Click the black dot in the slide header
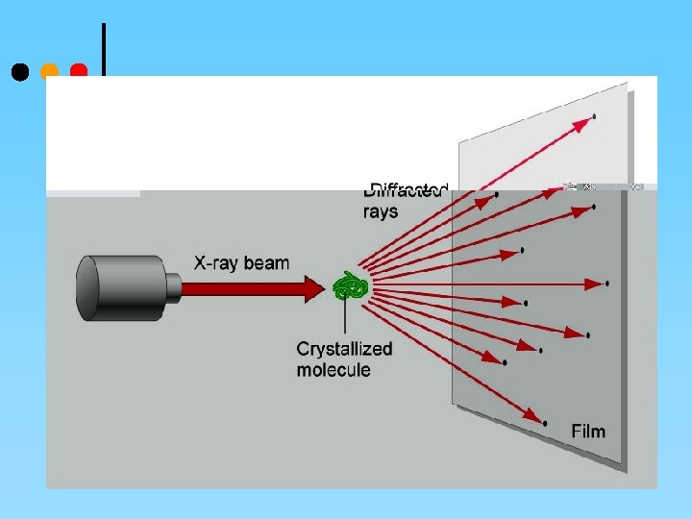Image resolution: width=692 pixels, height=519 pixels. click(x=19, y=72)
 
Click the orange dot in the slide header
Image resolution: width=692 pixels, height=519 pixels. click(x=50, y=71)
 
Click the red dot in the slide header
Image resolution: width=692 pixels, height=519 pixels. click(x=79, y=71)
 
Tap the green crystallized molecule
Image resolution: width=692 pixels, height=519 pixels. click(x=351, y=286)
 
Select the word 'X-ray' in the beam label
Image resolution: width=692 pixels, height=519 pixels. click(x=215, y=262)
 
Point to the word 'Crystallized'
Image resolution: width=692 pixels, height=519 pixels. click(x=344, y=350)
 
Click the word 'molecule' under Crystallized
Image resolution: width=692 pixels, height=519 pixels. click(x=333, y=370)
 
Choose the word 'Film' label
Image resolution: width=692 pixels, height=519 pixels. click(x=588, y=431)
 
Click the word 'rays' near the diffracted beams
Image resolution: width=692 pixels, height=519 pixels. click(x=381, y=211)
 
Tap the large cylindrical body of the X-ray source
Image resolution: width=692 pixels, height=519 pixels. click(x=119, y=287)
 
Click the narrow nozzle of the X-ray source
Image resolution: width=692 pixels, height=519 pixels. click(x=173, y=287)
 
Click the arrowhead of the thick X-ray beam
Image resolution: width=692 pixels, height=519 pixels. click(x=317, y=286)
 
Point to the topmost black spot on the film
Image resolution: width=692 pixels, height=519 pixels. click(x=594, y=116)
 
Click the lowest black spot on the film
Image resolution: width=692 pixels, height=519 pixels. click(x=545, y=423)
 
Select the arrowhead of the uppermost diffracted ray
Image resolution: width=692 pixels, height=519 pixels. click(x=583, y=122)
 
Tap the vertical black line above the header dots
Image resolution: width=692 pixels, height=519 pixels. click(x=103, y=48)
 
